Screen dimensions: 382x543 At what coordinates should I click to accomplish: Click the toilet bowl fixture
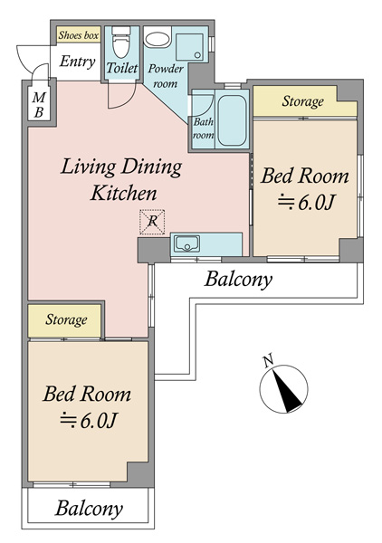120,43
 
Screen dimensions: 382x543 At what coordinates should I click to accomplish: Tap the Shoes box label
79,35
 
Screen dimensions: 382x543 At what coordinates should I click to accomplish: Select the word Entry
77,62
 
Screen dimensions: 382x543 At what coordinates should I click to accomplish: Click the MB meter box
39,105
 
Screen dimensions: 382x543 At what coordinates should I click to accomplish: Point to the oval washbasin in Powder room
158,39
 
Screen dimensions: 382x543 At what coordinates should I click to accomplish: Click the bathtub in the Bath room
232,119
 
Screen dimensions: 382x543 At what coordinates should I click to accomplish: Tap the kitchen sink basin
187,243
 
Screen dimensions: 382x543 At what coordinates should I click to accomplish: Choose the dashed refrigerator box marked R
152,222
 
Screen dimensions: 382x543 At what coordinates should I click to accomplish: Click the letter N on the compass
268,361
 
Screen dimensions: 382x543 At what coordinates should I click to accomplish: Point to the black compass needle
286,391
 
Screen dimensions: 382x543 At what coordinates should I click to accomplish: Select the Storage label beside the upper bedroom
303,101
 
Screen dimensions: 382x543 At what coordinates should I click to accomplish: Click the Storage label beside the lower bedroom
66,320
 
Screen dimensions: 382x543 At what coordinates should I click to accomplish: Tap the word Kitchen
124,194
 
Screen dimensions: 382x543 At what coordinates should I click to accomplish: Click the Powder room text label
166,76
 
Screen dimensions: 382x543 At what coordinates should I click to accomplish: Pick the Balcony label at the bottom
89,509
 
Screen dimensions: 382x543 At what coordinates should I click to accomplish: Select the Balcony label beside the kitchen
238,279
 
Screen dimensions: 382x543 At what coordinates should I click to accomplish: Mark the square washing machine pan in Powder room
190,48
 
